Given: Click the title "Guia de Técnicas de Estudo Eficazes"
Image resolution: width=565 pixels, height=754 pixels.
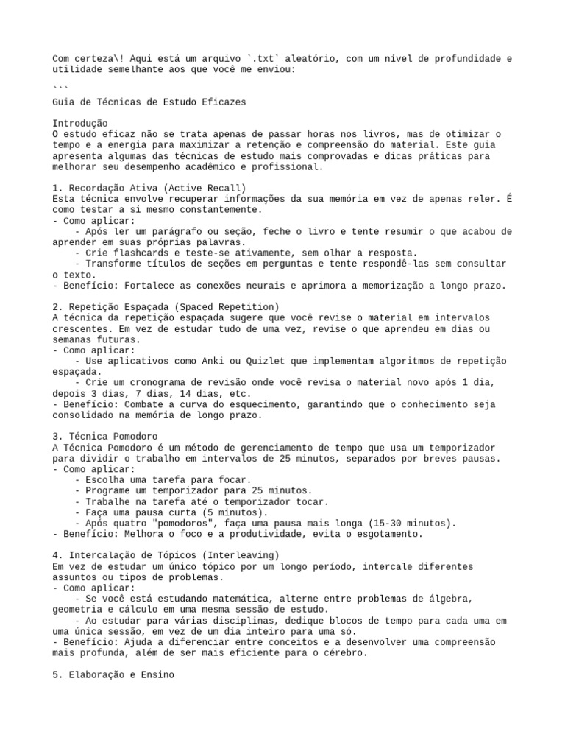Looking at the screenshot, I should pos(149,102).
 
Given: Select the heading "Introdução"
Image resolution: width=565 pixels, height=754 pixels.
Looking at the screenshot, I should pos(80,123).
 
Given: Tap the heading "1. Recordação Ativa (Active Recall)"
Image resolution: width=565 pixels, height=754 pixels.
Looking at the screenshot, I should pos(149,188).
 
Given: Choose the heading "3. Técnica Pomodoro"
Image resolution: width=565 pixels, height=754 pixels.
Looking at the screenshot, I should pos(105,437).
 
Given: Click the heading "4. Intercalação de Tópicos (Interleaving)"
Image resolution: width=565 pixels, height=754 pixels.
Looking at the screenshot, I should pos(166,555).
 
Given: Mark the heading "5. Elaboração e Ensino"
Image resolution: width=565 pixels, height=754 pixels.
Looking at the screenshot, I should pos(113,674).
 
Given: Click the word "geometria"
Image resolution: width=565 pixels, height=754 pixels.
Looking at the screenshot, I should pos(79,610).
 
